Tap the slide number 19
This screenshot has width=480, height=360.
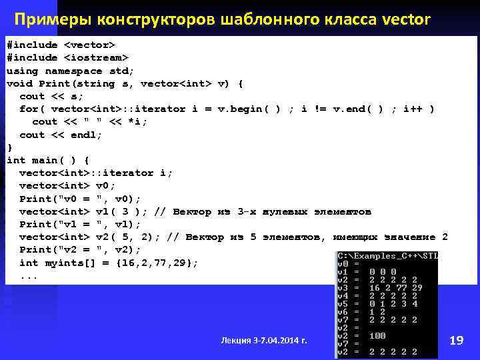[457, 341]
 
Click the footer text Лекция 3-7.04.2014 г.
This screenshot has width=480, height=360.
[264, 341]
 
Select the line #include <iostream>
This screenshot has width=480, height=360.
[67, 57]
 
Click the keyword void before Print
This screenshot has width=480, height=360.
[19, 83]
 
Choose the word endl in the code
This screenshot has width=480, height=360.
[83, 135]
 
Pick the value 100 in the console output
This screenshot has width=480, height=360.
[377, 335]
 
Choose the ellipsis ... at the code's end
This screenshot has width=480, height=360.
[29, 275]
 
